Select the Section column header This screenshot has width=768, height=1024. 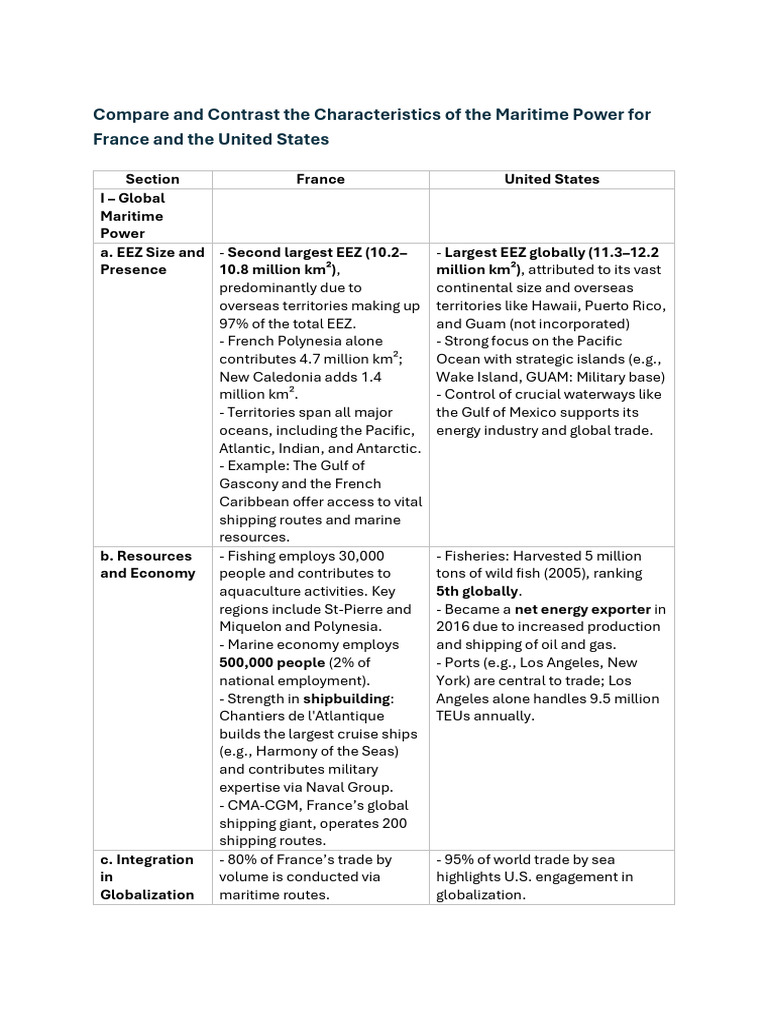[x=152, y=179]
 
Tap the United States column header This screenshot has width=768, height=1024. [x=551, y=179]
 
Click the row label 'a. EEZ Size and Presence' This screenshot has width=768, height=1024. [x=152, y=261]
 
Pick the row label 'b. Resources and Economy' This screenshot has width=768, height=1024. [x=148, y=564]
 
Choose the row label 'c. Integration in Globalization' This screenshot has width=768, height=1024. [x=148, y=877]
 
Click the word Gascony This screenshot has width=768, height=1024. [x=253, y=484]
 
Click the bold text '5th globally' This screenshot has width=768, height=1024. [x=477, y=591]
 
